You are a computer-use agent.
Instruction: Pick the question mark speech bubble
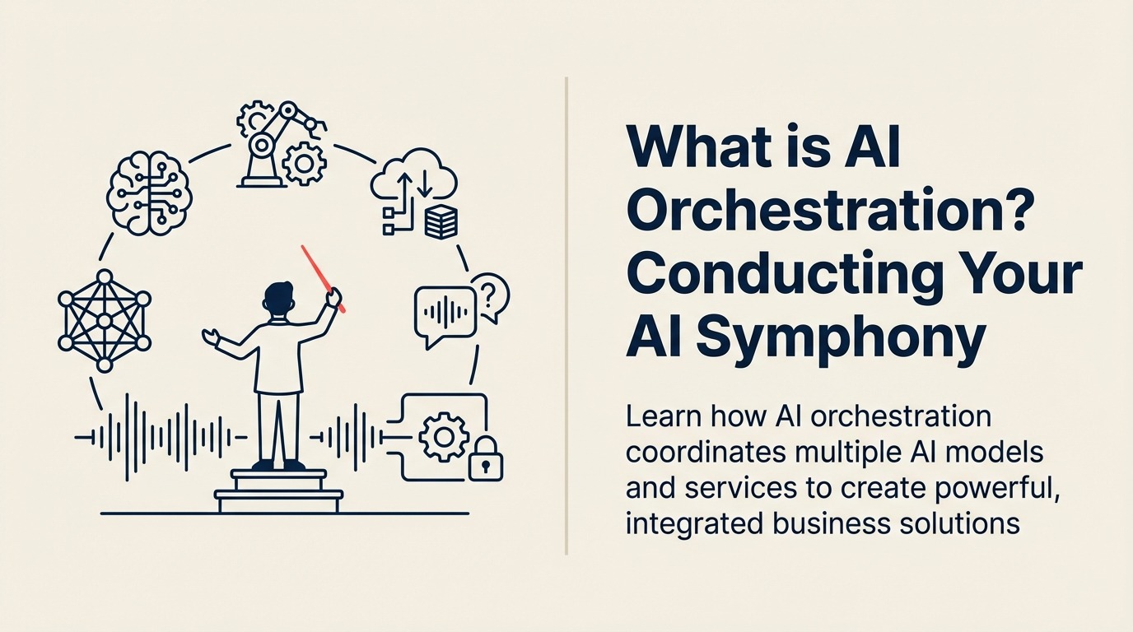coord(492,296)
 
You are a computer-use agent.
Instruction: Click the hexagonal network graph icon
coord(105,320)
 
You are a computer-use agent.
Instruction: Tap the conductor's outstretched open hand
coord(211,337)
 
